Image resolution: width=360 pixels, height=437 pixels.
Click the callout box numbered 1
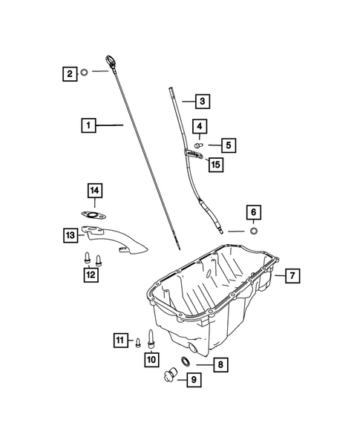click(x=88, y=126)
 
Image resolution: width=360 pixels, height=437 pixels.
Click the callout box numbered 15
click(x=216, y=165)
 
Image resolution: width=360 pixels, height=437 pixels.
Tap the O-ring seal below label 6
click(x=253, y=231)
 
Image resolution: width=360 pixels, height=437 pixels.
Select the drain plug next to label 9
click(x=168, y=374)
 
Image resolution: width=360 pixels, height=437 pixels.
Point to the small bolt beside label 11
click(x=138, y=341)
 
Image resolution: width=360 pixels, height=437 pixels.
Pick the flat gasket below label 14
click(x=94, y=217)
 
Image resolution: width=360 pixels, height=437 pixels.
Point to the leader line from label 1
click(x=111, y=126)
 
